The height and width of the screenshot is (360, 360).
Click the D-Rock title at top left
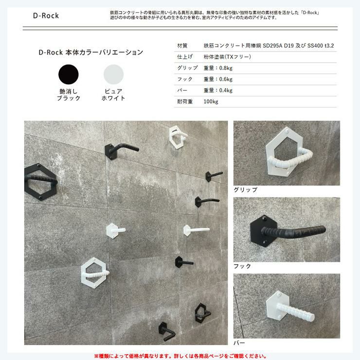pyautogui.click(x=46, y=16)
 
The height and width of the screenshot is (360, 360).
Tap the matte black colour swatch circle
pyautogui.click(x=69, y=74)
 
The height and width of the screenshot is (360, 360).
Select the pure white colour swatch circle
pyautogui.click(x=113, y=74)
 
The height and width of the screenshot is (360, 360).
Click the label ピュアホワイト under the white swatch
pyautogui.click(x=113, y=94)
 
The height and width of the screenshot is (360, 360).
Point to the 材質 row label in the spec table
pyautogui.click(x=182, y=46)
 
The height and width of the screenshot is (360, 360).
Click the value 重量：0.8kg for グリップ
pyautogui.click(x=218, y=68)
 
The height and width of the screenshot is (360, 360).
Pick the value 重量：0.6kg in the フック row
pyautogui.click(x=218, y=79)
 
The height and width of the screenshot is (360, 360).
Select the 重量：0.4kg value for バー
pyautogui.click(x=218, y=90)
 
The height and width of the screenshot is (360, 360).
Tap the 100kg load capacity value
pyautogui.click(x=211, y=102)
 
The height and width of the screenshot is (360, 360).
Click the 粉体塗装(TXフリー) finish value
pyautogui.click(x=227, y=57)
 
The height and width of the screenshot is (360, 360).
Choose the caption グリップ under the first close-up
pyautogui.click(x=246, y=190)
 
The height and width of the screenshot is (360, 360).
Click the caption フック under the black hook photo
pyautogui.click(x=242, y=266)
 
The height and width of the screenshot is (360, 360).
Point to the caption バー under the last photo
pyautogui.click(x=239, y=343)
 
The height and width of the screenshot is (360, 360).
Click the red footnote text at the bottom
pyautogui.click(x=180, y=356)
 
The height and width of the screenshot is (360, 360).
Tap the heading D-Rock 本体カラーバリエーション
pyautogui.click(x=91, y=53)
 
